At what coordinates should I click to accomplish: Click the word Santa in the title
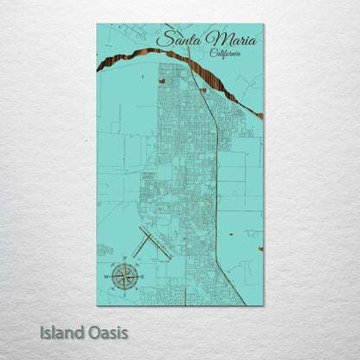[x=177, y=39]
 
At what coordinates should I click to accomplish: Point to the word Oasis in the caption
[x=106, y=331]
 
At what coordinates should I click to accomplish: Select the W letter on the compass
[x=106, y=276]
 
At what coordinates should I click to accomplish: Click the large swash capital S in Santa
[x=164, y=39]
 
